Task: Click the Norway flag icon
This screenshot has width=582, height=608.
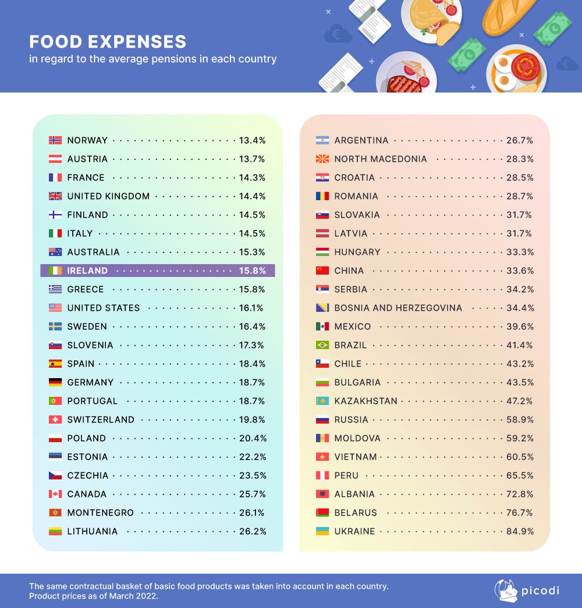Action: tap(55, 140)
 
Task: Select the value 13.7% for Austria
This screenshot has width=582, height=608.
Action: tap(252, 159)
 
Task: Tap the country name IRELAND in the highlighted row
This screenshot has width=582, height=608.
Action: tap(87, 271)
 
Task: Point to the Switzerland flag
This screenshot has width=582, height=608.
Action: tap(55, 419)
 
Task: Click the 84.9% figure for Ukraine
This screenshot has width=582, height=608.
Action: tap(520, 531)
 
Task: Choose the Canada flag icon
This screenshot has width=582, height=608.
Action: tap(55, 494)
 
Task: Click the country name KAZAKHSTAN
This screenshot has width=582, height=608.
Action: tap(365, 401)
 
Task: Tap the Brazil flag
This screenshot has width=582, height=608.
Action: tap(322, 345)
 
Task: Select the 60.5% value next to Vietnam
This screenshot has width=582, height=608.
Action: tap(520, 457)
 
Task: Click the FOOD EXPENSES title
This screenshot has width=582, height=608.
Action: tap(108, 42)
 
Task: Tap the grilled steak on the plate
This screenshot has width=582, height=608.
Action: tap(404, 84)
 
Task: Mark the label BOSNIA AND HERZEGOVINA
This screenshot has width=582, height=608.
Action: tap(398, 308)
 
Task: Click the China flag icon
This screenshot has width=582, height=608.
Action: tap(322, 271)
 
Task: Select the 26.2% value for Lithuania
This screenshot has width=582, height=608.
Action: tap(252, 531)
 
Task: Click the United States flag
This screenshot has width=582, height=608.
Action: tap(55, 308)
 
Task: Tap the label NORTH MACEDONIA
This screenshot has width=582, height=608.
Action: tap(381, 159)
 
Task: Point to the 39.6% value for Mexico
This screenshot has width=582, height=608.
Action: tap(520, 326)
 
